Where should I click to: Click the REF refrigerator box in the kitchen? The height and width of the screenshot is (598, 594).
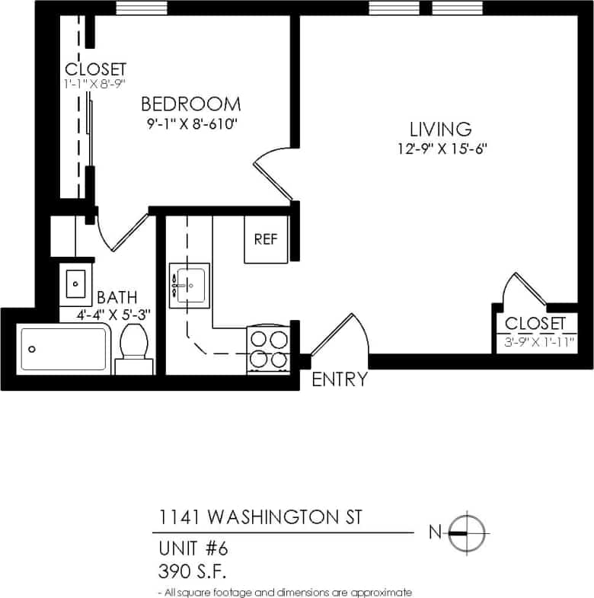(266, 240)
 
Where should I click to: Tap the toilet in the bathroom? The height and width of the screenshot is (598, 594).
(134, 350)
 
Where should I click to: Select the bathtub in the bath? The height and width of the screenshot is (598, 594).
(63, 349)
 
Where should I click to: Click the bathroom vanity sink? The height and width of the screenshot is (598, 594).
(75, 283)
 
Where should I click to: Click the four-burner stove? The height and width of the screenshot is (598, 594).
(268, 349)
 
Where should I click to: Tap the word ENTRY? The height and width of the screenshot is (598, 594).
(340, 379)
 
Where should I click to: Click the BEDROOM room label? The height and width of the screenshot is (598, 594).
(190, 104)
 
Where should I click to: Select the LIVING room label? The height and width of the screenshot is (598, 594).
(440, 129)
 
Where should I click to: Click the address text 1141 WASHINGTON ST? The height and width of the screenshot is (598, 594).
(260, 518)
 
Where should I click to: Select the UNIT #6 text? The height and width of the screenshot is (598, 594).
(193, 548)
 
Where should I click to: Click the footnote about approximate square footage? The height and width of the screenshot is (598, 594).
(284, 592)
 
